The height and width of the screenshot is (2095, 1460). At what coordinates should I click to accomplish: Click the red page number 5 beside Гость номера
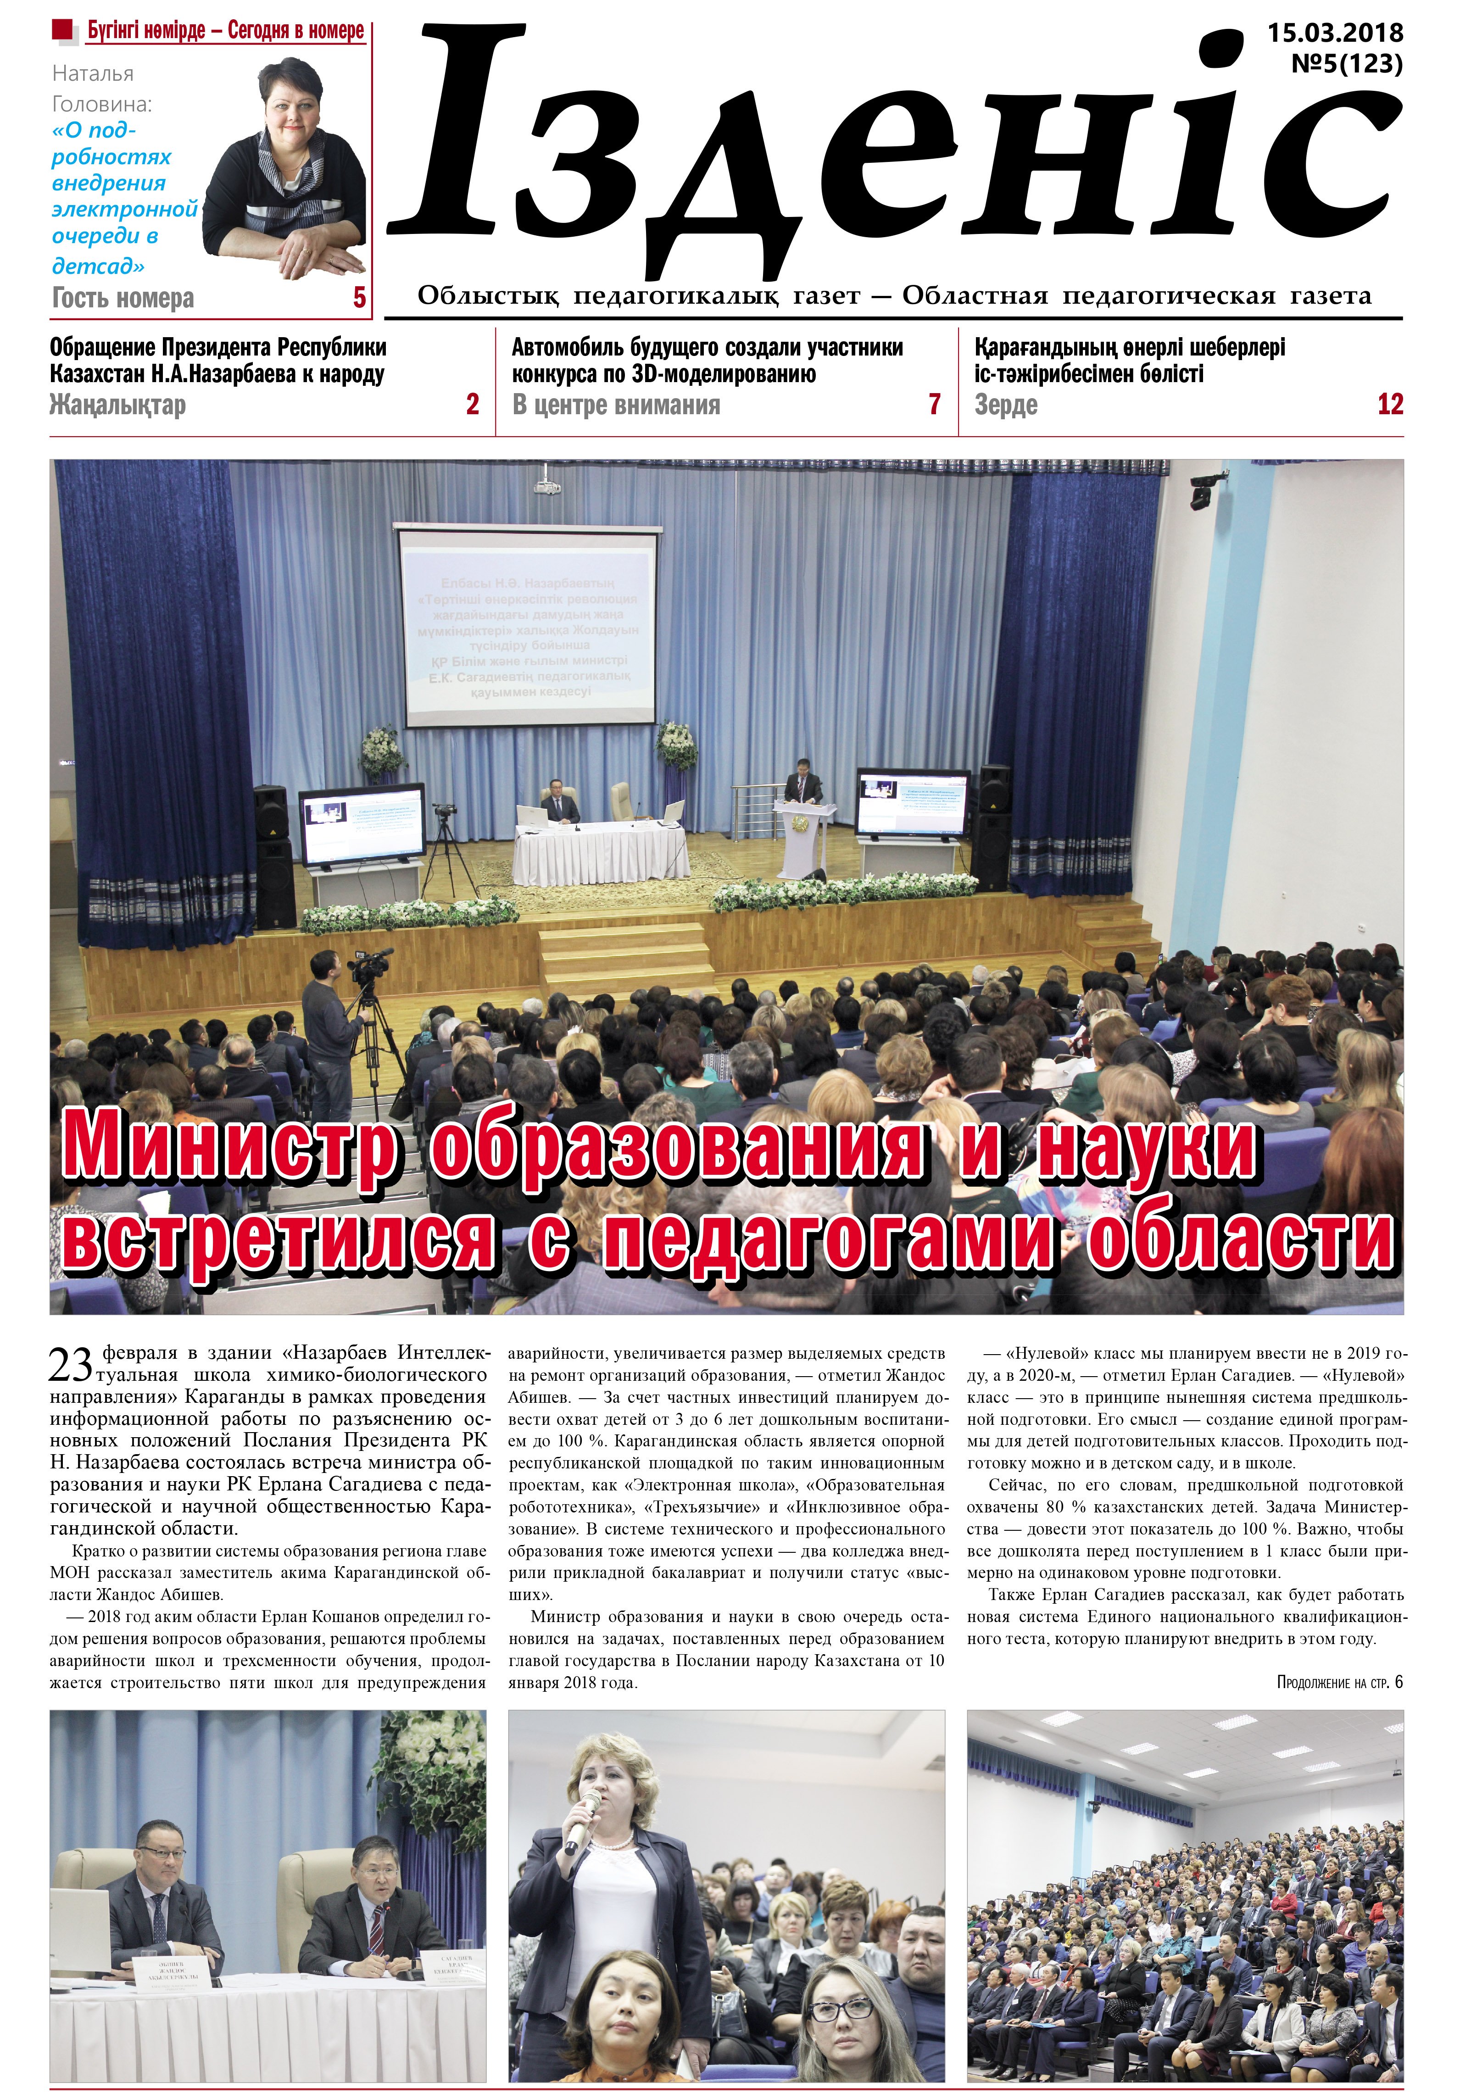[360, 297]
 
